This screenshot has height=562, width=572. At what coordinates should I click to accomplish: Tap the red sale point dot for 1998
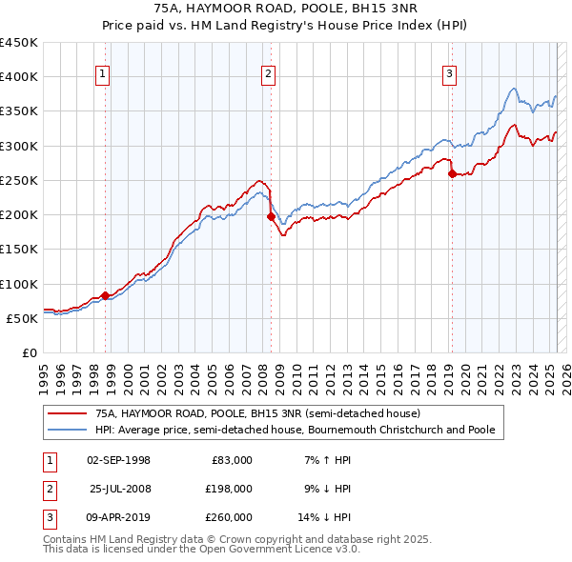pyautogui.click(x=105, y=295)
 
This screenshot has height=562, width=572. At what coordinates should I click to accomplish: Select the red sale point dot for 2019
pyautogui.click(x=452, y=173)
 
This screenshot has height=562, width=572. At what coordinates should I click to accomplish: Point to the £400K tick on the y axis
pyautogui.click(x=19, y=77)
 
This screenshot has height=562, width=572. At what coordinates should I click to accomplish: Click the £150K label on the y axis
pyautogui.click(x=19, y=250)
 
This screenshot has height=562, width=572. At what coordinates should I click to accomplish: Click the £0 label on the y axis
pyautogui.click(x=29, y=353)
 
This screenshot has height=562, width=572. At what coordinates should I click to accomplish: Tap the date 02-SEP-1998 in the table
pyautogui.click(x=118, y=461)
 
